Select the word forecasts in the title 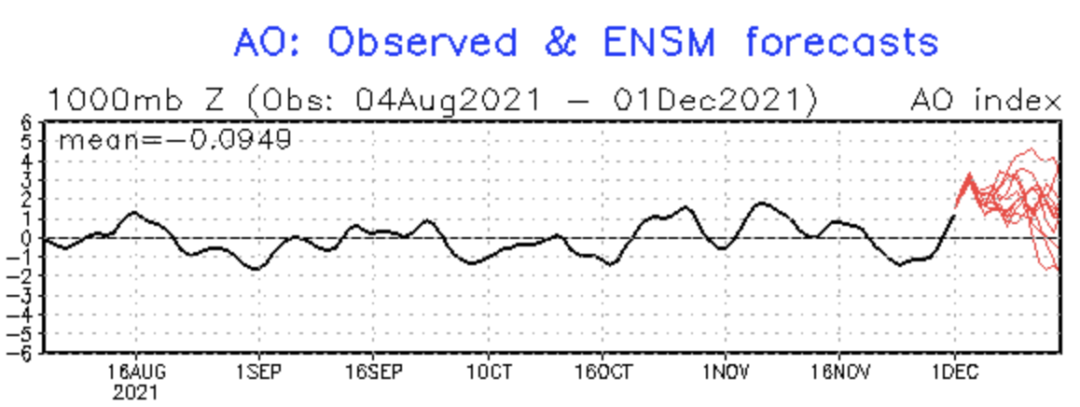pos(842,43)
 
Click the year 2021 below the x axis pos(136,394)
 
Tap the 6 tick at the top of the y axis pos(27,122)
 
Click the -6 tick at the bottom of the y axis pos(23,354)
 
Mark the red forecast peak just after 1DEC pos(970,175)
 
